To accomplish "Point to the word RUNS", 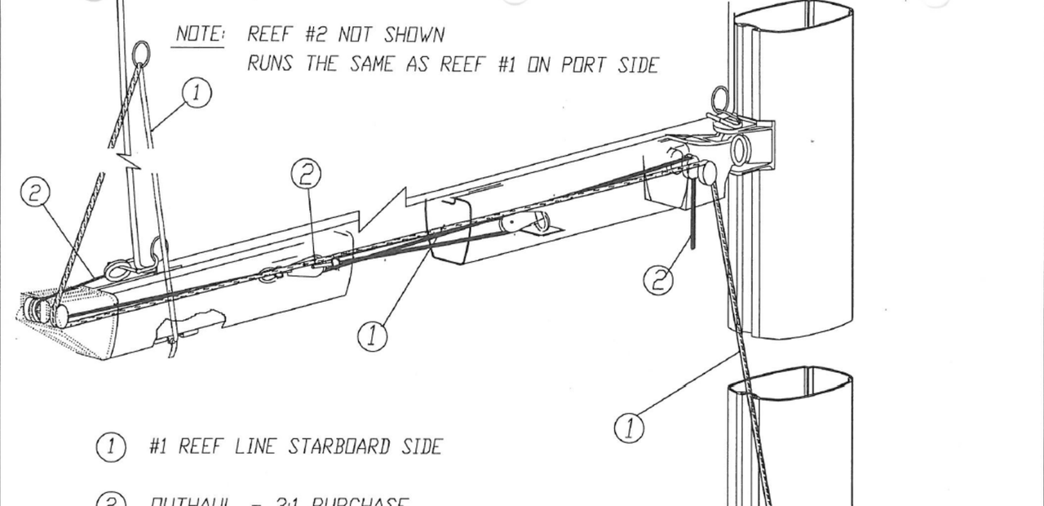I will [x=271, y=64].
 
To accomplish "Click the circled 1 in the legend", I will [x=111, y=446].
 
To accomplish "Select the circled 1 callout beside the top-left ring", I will [x=197, y=93].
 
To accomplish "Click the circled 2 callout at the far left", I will [x=35, y=193].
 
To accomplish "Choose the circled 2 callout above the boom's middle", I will [x=306, y=173].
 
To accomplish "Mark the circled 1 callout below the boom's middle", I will [x=372, y=335].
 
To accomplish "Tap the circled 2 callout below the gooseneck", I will [x=659, y=280].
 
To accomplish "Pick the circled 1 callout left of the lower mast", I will [x=629, y=427].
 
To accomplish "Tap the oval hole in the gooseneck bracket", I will [x=741, y=150].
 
